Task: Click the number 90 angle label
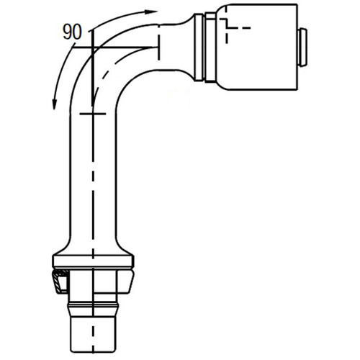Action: (x=71, y=32)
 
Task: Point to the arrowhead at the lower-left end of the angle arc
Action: (x=55, y=107)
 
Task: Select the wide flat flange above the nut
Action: (x=94, y=260)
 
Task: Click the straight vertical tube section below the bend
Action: (x=94, y=180)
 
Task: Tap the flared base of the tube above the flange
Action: (x=94, y=245)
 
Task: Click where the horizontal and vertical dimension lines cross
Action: (x=93, y=48)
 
